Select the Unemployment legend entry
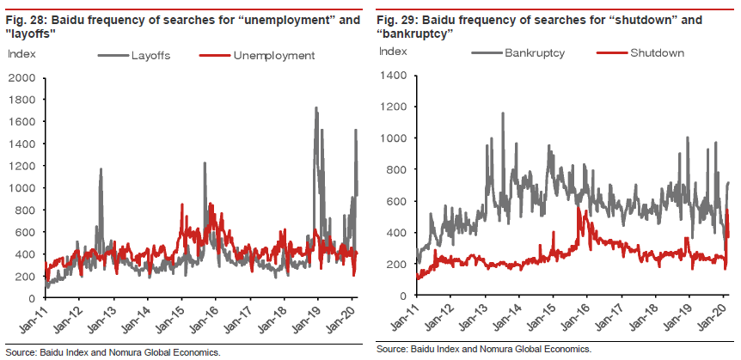pos(273,56)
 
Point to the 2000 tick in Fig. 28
pos(21,78)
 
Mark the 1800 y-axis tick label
pos(21,101)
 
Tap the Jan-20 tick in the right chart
pos(719,320)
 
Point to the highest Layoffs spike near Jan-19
pos(316,108)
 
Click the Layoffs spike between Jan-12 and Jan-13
pos(101,170)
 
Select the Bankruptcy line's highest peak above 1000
pos(501,113)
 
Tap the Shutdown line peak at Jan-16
pos(585,211)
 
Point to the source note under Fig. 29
pos(483,350)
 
